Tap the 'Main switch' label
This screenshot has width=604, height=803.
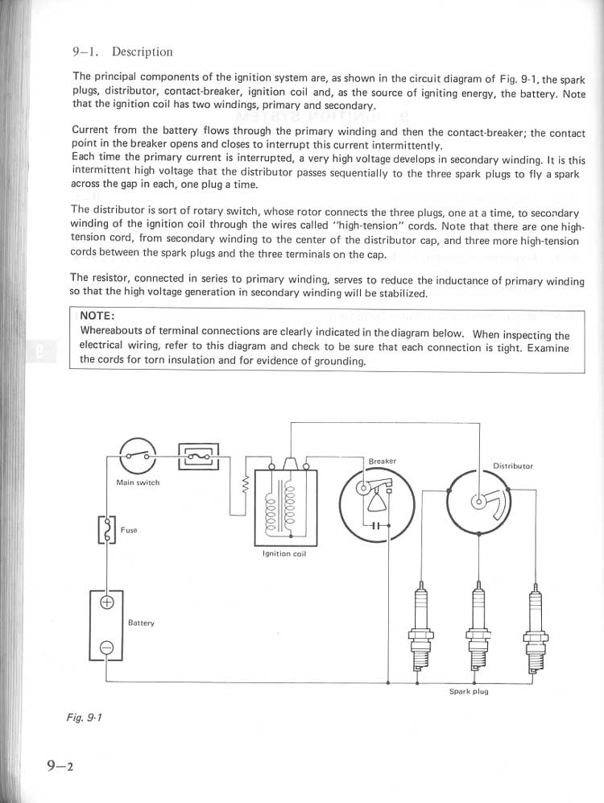point(138,482)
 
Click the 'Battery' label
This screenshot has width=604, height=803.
point(141,623)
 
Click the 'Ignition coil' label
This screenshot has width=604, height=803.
point(285,554)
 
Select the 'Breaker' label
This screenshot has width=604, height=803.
point(382,462)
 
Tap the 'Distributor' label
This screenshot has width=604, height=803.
point(513,466)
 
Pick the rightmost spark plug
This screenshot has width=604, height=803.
point(533,628)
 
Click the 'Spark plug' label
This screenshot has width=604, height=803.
point(469,691)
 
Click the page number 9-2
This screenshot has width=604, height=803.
point(60,766)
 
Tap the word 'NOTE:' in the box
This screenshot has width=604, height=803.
point(97,315)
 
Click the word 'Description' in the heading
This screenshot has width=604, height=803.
point(142,52)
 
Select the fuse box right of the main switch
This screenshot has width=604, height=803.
point(197,456)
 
